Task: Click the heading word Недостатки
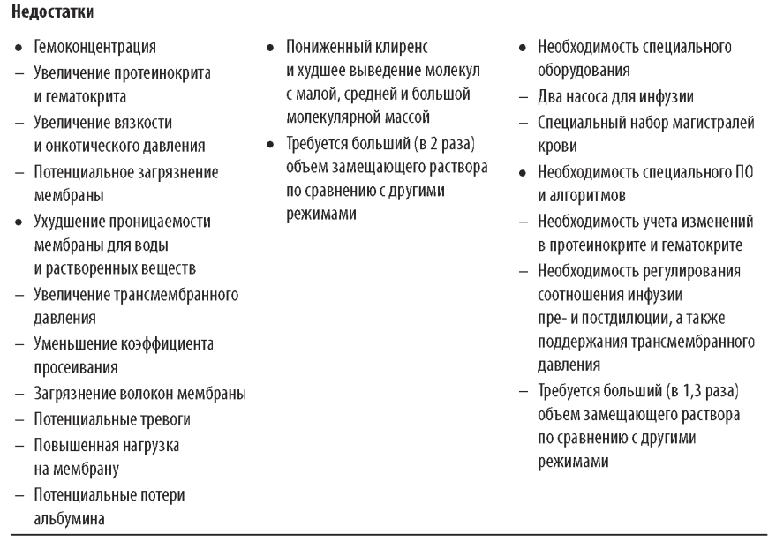pos(43,11)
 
